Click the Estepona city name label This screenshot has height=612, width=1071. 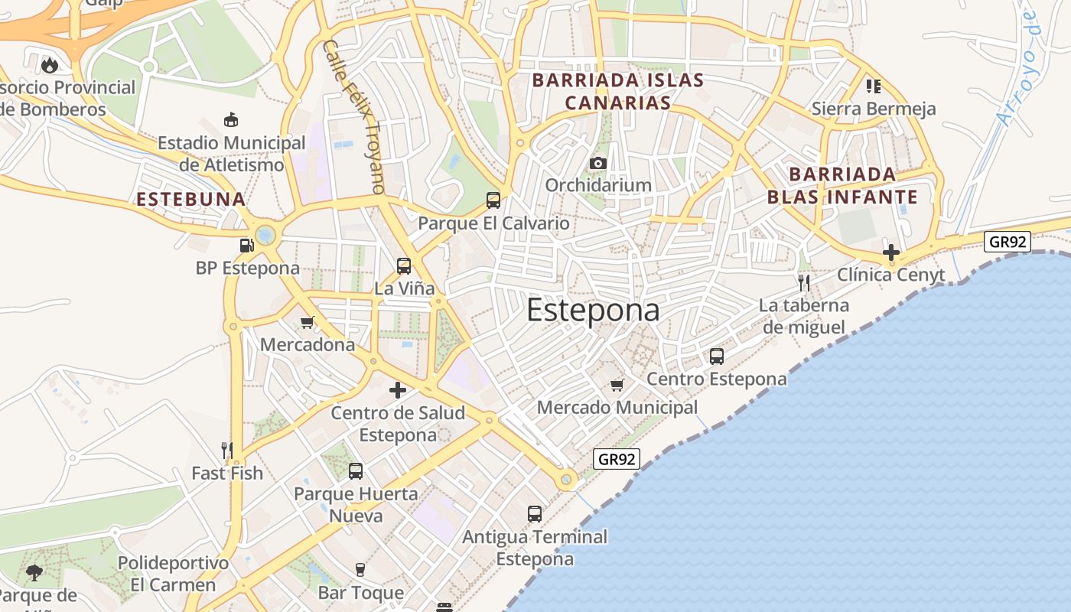click(x=593, y=310)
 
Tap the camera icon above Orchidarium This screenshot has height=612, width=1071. click(x=598, y=163)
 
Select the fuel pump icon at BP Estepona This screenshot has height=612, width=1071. click(x=246, y=246)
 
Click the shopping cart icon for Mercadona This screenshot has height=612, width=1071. click(x=308, y=322)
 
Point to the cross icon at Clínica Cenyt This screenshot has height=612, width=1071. click(x=890, y=252)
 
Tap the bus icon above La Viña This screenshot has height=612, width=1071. click(x=404, y=266)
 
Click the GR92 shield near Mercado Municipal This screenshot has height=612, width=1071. click(x=616, y=459)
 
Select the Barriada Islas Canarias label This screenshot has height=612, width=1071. click(x=618, y=91)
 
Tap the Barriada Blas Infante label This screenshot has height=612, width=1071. click(x=842, y=185)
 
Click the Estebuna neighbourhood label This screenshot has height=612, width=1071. click(x=191, y=200)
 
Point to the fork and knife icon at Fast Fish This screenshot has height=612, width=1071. click(x=226, y=450)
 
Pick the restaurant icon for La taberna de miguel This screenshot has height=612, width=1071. click(x=803, y=283)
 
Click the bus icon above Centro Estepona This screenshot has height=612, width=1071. click(x=717, y=356)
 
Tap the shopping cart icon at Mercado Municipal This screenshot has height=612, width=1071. click(x=617, y=385)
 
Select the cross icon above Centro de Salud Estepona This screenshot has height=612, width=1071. click(x=398, y=390)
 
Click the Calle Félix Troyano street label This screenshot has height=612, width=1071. click(x=354, y=116)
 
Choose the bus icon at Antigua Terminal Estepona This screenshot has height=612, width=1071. click(x=535, y=514)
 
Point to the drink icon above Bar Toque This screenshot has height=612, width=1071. click(x=360, y=569)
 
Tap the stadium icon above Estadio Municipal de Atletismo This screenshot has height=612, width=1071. click(x=231, y=119)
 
